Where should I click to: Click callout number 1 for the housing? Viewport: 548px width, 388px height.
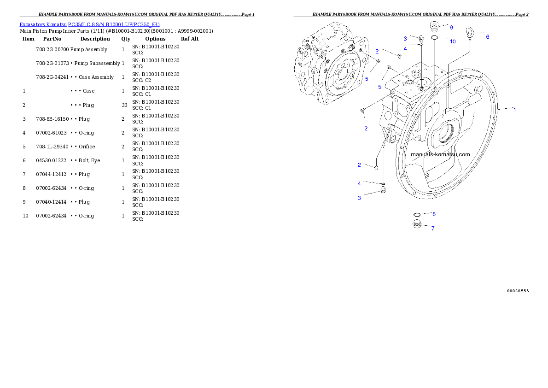(514, 110)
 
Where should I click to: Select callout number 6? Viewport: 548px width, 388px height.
(488, 37)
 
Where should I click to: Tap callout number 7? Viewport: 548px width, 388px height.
(432, 228)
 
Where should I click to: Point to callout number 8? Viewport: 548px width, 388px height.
(433, 214)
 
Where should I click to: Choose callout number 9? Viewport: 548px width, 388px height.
(451, 28)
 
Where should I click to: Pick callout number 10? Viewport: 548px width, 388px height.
(453, 41)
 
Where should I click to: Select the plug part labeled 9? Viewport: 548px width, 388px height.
(434, 25)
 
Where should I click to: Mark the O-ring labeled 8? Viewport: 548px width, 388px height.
(416, 215)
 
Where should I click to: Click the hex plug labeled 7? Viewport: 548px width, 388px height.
(416, 224)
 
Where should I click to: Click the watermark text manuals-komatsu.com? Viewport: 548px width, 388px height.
(440, 154)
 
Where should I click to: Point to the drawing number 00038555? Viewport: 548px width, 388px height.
(518, 291)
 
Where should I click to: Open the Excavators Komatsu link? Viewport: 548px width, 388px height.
(43, 24)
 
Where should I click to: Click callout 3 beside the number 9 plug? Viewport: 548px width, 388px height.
(405, 39)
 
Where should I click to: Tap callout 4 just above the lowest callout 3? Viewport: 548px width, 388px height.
(359, 183)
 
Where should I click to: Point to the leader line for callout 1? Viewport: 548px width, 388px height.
(505, 109)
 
